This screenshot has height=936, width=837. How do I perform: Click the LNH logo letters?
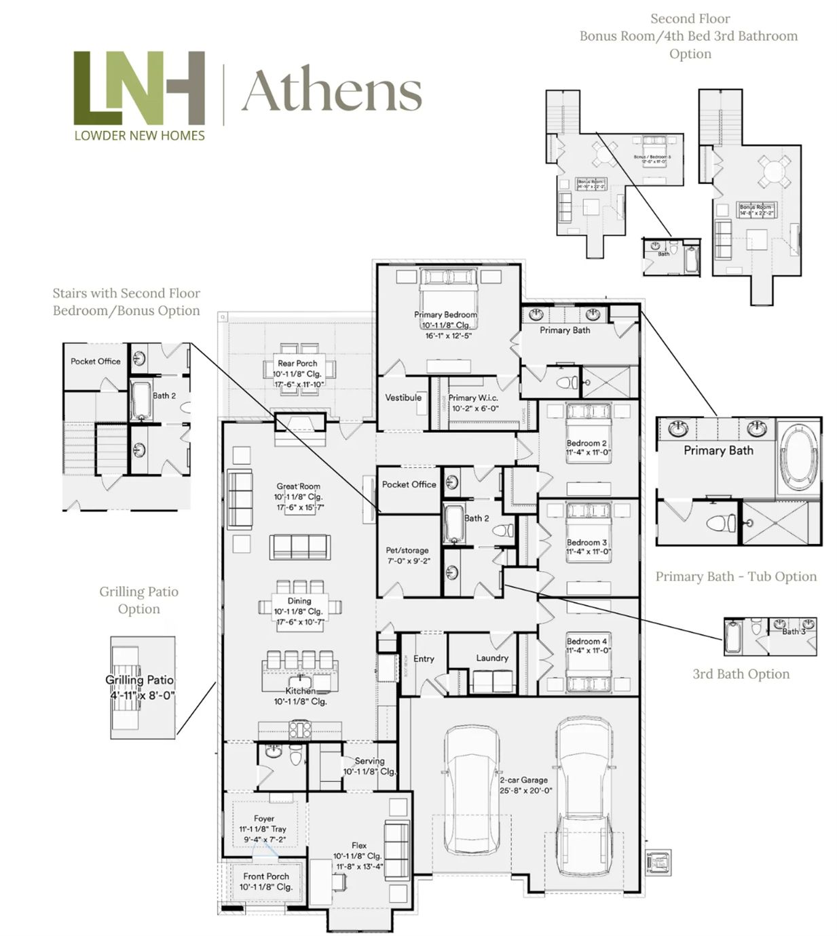click(139, 87)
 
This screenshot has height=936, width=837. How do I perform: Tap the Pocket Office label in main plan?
click(409, 484)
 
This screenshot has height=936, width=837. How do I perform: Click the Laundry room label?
click(492, 658)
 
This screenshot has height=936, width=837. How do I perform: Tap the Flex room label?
click(359, 845)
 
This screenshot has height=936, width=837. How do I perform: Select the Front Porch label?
click(266, 876)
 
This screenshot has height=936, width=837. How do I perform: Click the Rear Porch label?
click(297, 364)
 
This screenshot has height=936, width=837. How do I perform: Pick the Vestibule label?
click(403, 397)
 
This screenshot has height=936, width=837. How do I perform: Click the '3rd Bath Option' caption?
click(741, 674)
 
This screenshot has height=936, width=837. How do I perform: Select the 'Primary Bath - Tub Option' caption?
click(736, 577)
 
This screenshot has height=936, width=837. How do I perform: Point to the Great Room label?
click(298, 486)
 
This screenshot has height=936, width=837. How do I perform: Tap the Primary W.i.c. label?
click(473, 398)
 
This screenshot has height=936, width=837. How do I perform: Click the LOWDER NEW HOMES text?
click(139, 135)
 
